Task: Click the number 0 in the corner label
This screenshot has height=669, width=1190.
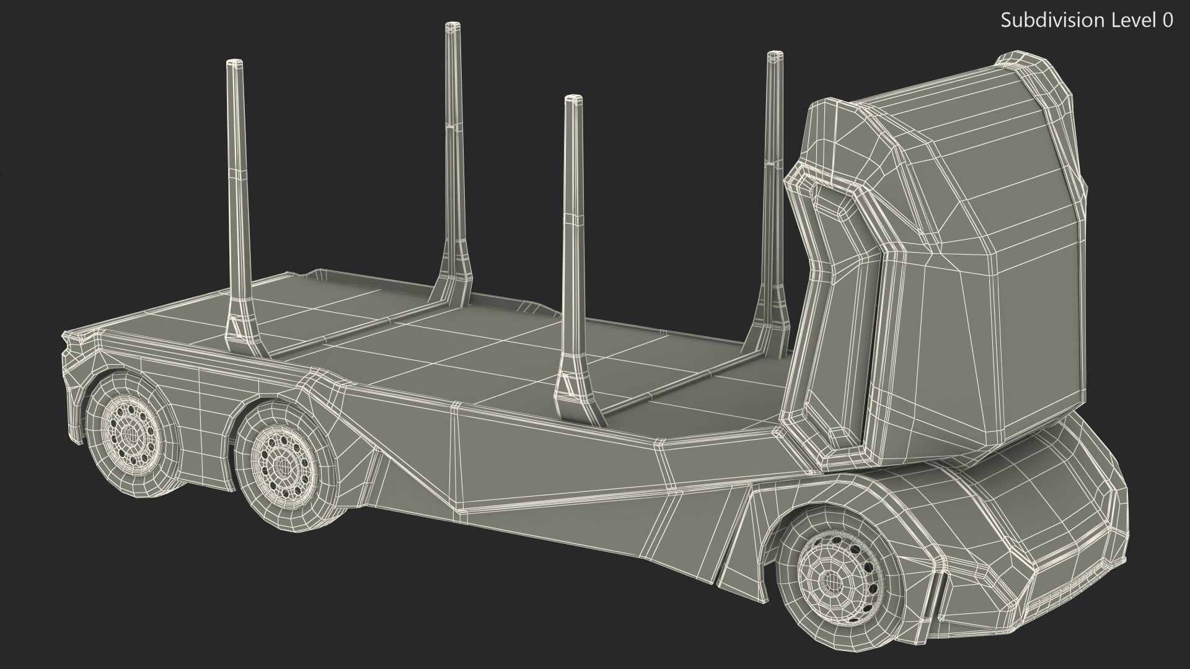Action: [x=1168, y=20]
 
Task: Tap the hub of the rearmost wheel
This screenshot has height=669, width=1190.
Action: [x=130, y=432]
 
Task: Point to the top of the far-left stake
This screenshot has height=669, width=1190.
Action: [x=235, y=63]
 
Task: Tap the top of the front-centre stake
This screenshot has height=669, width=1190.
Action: [x=573, y=99]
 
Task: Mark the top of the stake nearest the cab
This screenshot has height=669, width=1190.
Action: [x=774, y=56]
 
